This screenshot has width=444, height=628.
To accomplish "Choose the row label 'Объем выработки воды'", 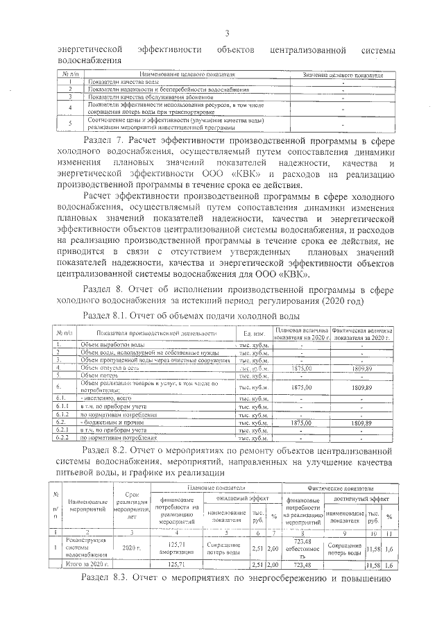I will [x=112, y=344].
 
